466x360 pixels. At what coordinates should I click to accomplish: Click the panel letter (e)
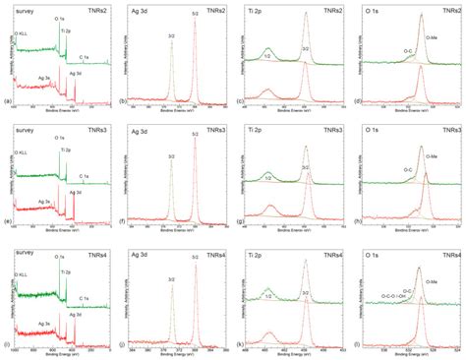[8, 224]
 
